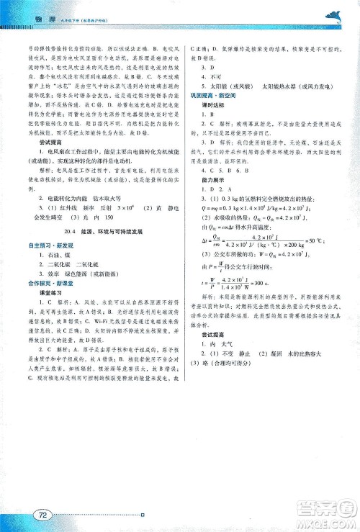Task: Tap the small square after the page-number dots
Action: (x=143, y=514)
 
